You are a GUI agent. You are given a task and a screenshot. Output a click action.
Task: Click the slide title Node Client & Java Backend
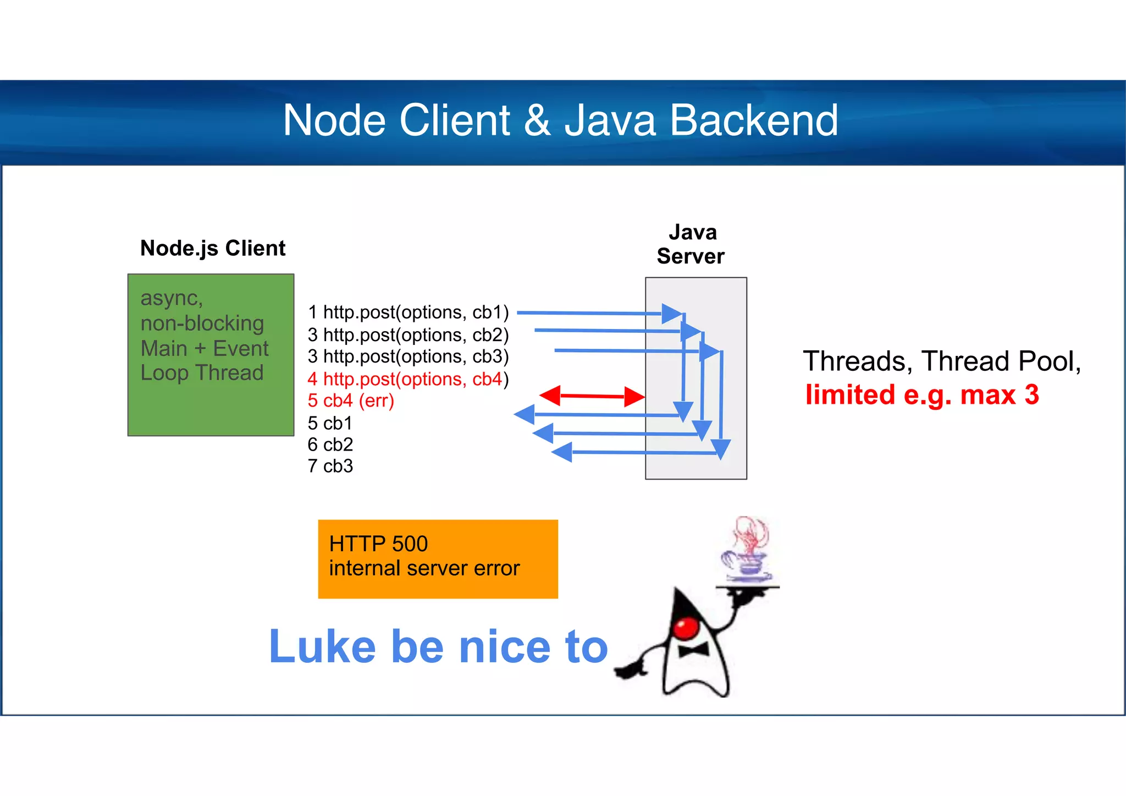[560, 120]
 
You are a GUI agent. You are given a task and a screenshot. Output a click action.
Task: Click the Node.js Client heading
[213, 248]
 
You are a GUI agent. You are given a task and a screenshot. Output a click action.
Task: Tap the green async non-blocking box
[211, 355]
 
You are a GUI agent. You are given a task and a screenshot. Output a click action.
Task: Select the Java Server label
[691, 244]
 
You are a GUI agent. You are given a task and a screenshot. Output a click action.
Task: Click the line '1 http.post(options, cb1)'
[408, 312]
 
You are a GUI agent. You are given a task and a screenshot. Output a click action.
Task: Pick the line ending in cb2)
[408, 335]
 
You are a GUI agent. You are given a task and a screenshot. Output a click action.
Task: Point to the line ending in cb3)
[408, 356]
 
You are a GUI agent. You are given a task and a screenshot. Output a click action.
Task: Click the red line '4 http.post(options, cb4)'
[408, 379]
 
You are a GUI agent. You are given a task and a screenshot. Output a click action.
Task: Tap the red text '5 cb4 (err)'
[351, 400]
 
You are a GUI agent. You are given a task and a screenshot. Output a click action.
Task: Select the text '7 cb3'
[330, 466]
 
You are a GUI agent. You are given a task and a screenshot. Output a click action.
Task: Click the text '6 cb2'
[330, 444]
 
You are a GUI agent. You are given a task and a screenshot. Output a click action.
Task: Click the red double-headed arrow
[592, 396]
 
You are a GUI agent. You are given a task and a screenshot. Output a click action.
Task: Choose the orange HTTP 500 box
[438, 558]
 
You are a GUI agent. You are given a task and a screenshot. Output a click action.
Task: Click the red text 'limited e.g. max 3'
[922, 395]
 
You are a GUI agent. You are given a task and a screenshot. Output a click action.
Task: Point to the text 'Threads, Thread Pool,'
[941, 361]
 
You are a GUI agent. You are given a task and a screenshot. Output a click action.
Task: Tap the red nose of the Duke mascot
[686, 628]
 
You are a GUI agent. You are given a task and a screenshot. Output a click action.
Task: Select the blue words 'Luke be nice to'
[438, 647]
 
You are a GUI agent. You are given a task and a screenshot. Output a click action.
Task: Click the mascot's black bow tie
[693, 651]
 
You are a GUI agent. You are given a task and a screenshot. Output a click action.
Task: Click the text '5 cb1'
[330, 423]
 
